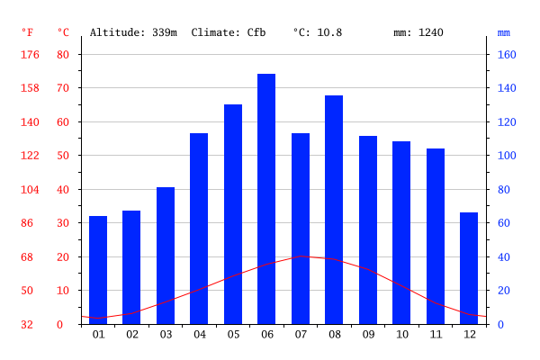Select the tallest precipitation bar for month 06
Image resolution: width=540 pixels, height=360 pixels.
[x=266, y=199]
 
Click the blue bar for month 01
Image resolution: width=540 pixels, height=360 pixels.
[x=98, y=270]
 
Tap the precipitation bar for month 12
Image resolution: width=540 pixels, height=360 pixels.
[x=469, y=268]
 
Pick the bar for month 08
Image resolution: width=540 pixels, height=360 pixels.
[x=334, y=210]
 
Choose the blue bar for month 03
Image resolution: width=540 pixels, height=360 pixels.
[x=166, y=256]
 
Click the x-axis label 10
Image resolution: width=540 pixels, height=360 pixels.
[x=402, y=335]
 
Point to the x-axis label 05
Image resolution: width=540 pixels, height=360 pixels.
[x=233, y=335]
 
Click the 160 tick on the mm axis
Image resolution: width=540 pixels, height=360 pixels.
[x=507, y=54]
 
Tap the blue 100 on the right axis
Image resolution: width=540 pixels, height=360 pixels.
[x=507, y=156]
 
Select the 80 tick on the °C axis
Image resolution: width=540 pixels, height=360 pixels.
[x=63, y=54]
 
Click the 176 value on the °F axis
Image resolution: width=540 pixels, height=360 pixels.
[x=30, y=54]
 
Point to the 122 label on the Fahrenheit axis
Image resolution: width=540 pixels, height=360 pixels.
[x=30, y=156]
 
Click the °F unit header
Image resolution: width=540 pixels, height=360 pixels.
[x=28, y=32]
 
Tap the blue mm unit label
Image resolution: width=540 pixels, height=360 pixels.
[x=503, y=33]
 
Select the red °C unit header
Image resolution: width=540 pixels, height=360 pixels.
[x=63, y=32]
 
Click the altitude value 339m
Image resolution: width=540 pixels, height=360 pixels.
[x=165, y=32]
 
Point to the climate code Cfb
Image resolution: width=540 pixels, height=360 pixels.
[x=256, y=32]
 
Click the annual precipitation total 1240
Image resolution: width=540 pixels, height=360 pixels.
[x=431, y=32]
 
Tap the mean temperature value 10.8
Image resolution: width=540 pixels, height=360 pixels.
[x=329, y=32]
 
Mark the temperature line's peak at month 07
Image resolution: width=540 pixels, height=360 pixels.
[x=301, y=256]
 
